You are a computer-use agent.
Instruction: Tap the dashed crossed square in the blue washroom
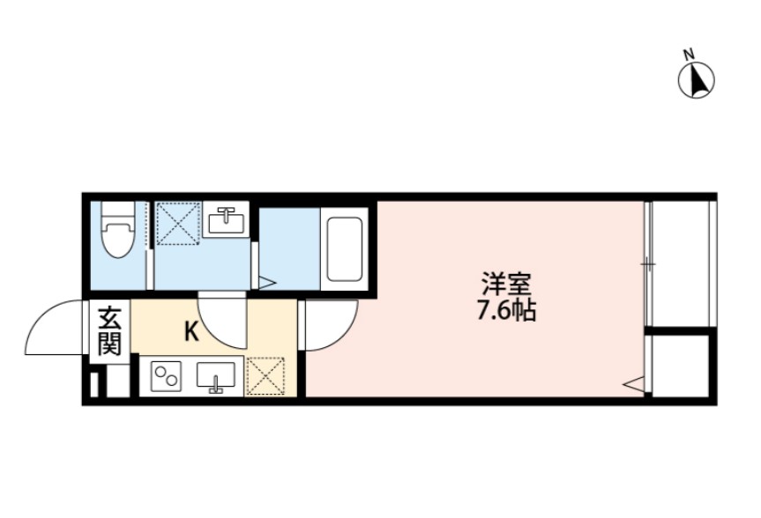coord(178,224)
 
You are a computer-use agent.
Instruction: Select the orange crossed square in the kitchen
coord(265,376)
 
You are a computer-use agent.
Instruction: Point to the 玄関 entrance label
coord(108,329)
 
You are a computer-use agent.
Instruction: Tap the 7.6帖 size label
coord(504,311)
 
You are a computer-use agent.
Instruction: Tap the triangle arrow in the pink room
coord(633,382)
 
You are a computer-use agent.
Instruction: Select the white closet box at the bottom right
coord(680,365)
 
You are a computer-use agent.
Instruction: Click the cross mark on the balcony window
coord(648,263)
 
